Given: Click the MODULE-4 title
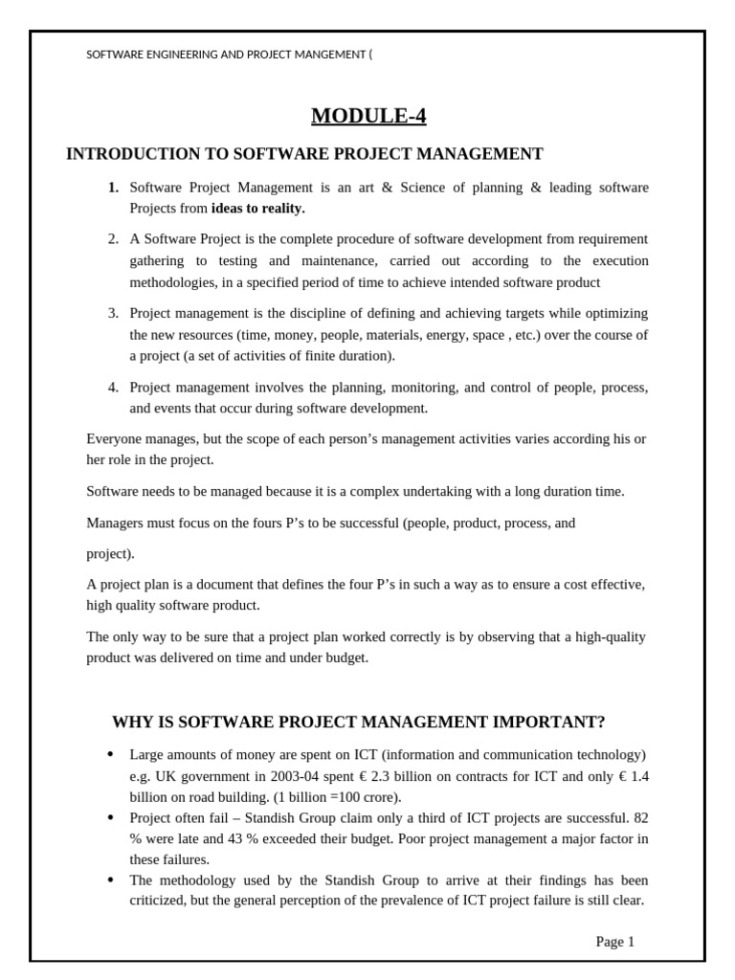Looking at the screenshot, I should [x=368, y=117].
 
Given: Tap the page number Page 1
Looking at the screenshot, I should [x=614, y=942].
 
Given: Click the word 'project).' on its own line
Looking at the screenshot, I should [x=110, y=553].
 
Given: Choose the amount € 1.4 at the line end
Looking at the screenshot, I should [x=631, y=776].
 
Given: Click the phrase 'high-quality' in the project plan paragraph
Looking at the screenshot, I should [x=612, y=636].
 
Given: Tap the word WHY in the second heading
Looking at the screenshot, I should [x=133, y=722].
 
